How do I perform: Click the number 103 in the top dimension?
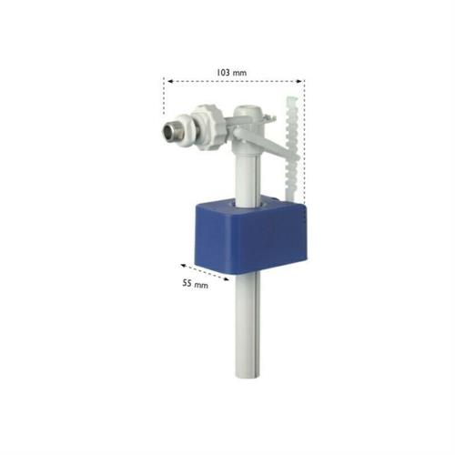click(223, 73)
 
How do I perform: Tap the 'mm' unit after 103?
click(239, 74)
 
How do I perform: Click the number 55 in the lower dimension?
click(187, 283)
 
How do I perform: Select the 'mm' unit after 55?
click(201, 286)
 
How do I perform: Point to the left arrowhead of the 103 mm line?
click(170, 81)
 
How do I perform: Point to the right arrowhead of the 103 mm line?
click(299, 81)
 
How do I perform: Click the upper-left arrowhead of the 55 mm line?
click(183, 266)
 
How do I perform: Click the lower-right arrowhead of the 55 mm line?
click(227, 279)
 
